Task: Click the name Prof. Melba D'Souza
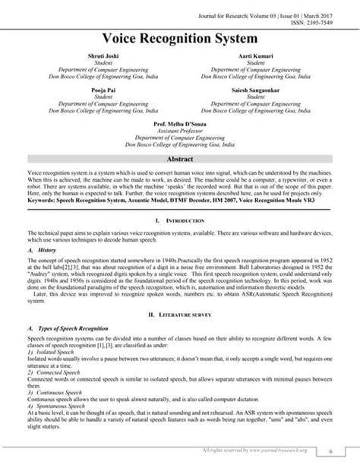point(180,122)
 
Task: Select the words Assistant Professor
point(180,129)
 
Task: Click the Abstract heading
point(180,159)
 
